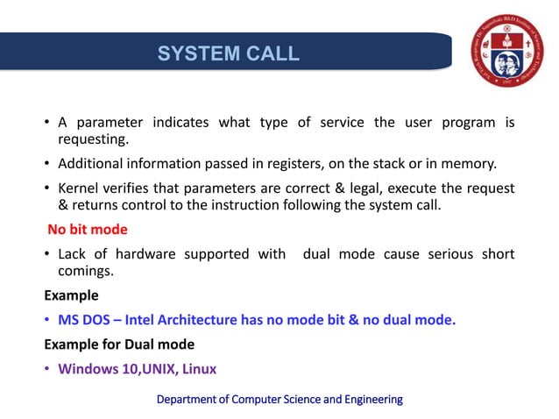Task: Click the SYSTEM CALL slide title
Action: pyautogui.click(x=228, y=53)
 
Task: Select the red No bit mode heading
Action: pyautogui.click(x=88, y=230)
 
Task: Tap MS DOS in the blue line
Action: pyautogui.click(x=86, y=320)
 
